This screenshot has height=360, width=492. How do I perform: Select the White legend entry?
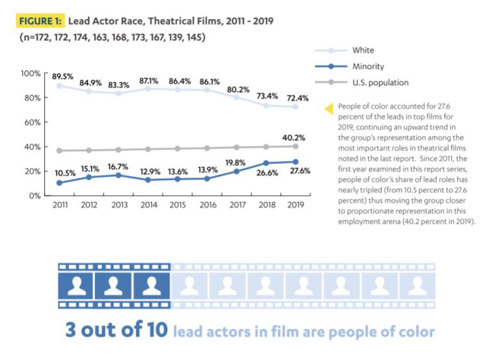[x=363, y=50]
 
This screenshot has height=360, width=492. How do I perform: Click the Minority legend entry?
[x=368, y=66]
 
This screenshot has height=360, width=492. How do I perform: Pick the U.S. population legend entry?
[x=380, y=82]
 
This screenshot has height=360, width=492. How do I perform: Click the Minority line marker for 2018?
[x=266, y=163]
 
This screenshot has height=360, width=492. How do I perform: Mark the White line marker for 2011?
[x=60, y=86]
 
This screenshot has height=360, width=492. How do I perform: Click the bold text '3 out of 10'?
[x=117, y=331]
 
